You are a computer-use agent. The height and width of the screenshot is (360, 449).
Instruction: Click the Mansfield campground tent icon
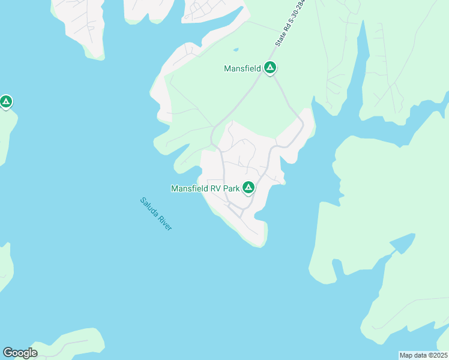click(x=270, y=68)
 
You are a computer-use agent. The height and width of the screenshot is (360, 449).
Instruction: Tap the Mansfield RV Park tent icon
click(x=248, y=188)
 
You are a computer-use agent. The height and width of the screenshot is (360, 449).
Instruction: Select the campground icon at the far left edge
click(x=6, y=102)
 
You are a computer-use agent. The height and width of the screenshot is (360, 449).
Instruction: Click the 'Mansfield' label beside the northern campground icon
click(x=242, y=69)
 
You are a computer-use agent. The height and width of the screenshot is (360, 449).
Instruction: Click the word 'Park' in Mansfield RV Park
click(x=232, y=188)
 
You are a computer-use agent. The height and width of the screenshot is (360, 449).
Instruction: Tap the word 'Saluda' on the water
click(x=148, y=206)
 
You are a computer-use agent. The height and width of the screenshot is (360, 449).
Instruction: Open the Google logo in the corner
click(x=20, y=353)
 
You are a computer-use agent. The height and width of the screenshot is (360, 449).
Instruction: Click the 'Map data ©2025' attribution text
click(x=423, y=355)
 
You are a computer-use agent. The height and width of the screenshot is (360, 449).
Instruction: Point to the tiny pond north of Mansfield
click(x=235, y=49)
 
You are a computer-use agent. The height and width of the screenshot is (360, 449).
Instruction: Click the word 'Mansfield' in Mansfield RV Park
click(x=188, y=188)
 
